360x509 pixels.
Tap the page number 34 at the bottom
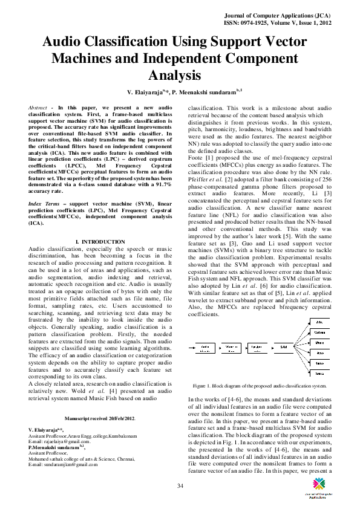[180, 470]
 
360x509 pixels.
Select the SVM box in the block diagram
[284, 346]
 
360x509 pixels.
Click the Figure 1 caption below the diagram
[260, 385]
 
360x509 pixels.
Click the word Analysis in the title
[174, 76]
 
